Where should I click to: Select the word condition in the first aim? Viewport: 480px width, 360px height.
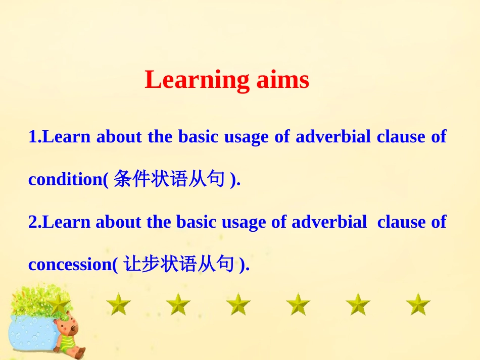[66, 179]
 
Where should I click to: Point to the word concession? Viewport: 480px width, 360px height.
[70, 264]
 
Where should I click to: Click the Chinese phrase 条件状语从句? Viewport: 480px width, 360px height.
[169, 179]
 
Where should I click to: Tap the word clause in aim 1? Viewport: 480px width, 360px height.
[401, 136]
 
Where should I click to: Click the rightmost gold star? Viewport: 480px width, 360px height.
[418, 304]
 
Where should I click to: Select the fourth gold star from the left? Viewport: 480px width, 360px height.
[238, 304]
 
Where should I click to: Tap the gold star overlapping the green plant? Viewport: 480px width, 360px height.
[59, 304]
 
